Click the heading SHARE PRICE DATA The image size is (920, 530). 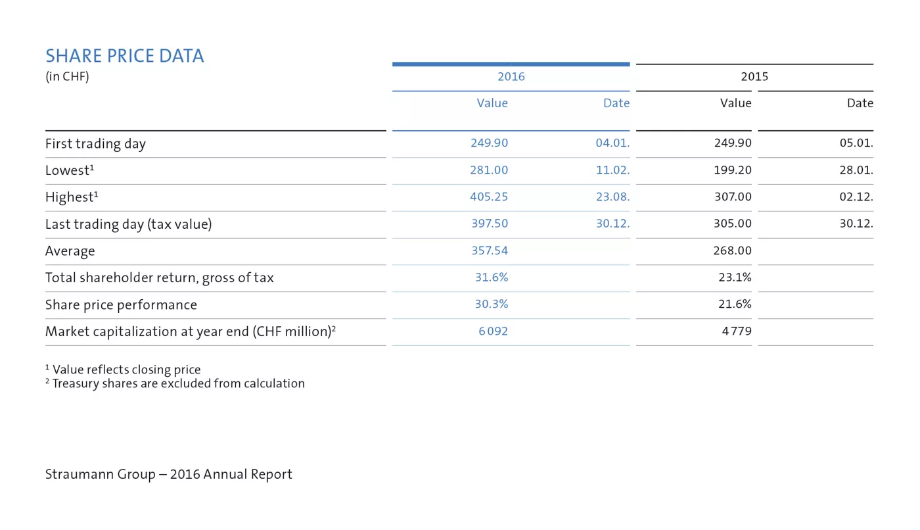[125, 56]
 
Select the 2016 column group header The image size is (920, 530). [511, 76]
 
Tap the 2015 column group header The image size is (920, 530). [754, 76]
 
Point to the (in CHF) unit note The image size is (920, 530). [67, 76]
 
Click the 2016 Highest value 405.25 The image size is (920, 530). [488, 197]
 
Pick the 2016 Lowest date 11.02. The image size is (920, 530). [612, 170]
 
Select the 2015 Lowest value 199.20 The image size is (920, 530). [732, 170]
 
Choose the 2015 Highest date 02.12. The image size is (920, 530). [856, 197]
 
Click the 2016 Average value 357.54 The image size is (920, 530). [489, 251]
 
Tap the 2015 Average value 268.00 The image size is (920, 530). [732, 251]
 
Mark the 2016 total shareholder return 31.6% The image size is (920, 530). [491, 277]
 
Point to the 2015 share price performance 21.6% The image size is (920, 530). [735, 304]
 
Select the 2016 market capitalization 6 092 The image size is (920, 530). [493, 331]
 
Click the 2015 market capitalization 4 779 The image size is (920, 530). [737, 331]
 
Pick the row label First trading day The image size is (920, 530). [95, 143]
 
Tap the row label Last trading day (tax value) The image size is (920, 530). [128, 224]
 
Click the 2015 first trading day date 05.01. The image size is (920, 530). [856, 143]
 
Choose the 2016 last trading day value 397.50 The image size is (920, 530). [489, 224]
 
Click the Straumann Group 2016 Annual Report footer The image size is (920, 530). [168, 474]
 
